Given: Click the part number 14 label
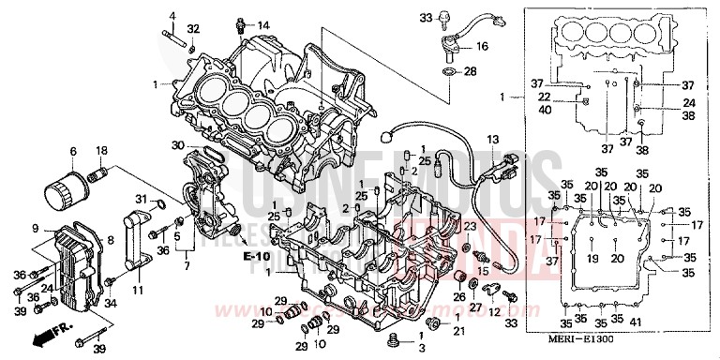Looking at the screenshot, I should pos(263,24).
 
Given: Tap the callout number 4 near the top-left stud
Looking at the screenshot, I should pos(172,16).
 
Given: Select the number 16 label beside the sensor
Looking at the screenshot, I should pos(482,46).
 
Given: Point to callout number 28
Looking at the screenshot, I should pos(470,71).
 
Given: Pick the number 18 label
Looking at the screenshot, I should pos(101,150).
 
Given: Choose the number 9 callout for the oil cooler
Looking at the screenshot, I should pos(35,228).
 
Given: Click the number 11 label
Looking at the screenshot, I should pos(140,292).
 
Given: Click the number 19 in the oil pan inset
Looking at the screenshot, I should pos(592,258).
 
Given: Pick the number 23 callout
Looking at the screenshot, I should pos(470,226).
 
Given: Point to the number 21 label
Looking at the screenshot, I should pos(458,331).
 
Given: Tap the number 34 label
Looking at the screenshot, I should pos(110,303).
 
